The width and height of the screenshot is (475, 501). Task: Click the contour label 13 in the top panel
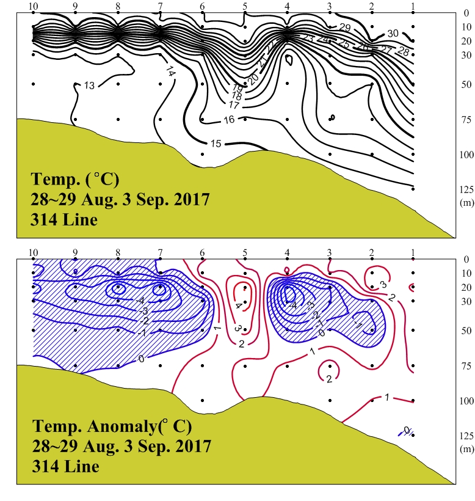(x=89, y=86)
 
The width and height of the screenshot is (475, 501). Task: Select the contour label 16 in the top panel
(x=229, y=120)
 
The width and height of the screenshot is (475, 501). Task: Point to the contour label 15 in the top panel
(x=216, y=144)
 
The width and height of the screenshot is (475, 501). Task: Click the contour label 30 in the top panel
(x=393, y=33)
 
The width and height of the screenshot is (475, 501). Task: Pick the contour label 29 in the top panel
(x=344, y=28)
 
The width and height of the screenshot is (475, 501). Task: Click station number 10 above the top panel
(x=33, y=6)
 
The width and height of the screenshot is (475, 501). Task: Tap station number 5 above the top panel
(x=245, y=6)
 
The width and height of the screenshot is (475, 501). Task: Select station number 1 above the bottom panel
(x=413, y=252)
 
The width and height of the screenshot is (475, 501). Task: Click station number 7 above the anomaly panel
(x=160, y=252)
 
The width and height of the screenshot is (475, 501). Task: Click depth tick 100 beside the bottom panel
(x=466, y=401)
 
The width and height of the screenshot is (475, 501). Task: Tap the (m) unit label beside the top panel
(x=466, y=200)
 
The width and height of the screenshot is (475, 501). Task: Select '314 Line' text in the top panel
(x=63, y=219)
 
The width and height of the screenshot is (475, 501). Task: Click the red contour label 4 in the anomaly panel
(x=238, y=305)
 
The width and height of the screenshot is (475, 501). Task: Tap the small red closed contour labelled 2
(x=329, y=379)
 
